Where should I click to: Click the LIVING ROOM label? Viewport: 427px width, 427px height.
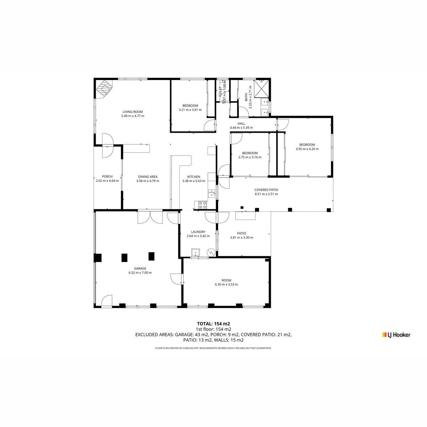point(133,112)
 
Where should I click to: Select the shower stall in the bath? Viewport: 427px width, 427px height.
point(261,88)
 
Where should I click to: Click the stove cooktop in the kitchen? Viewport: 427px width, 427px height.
point(202,205)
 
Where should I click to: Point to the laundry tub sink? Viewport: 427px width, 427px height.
point(195,252)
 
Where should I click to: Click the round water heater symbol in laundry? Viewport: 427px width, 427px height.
point(211,252)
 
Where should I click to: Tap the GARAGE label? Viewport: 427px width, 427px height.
point(140,269)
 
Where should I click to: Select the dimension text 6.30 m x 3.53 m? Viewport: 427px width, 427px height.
point(226,284)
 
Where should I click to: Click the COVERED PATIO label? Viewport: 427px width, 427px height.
point(266,190)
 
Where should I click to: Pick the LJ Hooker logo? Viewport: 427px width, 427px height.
point(396,335)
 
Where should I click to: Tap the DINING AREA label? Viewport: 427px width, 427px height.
point(148,176)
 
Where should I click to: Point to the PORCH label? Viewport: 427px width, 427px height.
point(107,176)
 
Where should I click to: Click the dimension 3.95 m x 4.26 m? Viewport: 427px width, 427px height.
point(307,149)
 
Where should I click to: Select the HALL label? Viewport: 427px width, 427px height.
point(241,123)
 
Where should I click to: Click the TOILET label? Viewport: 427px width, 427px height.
point(220,91)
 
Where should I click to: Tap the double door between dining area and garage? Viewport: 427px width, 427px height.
point(150,218)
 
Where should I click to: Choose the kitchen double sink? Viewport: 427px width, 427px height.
point(212,193)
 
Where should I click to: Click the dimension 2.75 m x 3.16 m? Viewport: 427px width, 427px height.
point(250,157)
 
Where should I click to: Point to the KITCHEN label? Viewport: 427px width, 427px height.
point(194,177)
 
